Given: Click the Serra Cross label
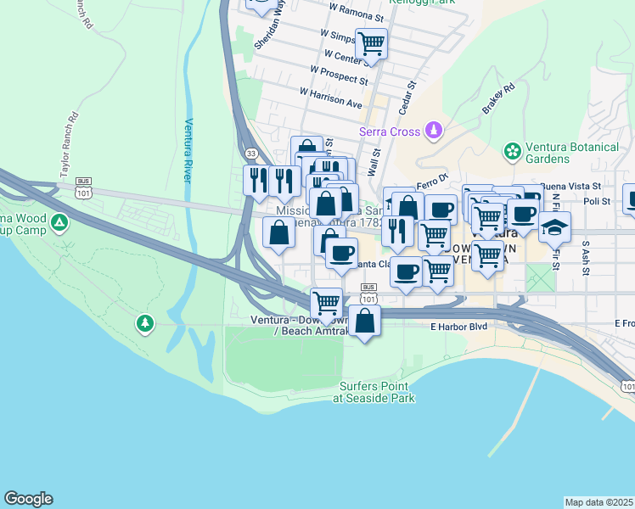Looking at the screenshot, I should pyautogui.click(x=390, y=131).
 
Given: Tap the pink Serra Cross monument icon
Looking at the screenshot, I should pyautogui.click(x=434, y=131).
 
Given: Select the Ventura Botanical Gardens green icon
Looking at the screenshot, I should pyautogui.click(x=512, y=152).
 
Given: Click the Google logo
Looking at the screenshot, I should pyautogui.click(x=28, y=499).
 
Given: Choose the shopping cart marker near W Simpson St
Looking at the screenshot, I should pyautogui.click(x=371, y=42).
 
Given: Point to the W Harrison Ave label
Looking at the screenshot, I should pyautogui.click(x=330, y=96).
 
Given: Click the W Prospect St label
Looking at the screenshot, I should pyautogui.click(x=339, y=76).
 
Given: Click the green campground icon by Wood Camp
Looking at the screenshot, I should pyautogui.click(x=59, y=223).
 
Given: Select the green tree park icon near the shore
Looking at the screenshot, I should pyautogui.click(x=145, y=323).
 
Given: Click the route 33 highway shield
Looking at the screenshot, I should pyautogui.click(x=250, y=153).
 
